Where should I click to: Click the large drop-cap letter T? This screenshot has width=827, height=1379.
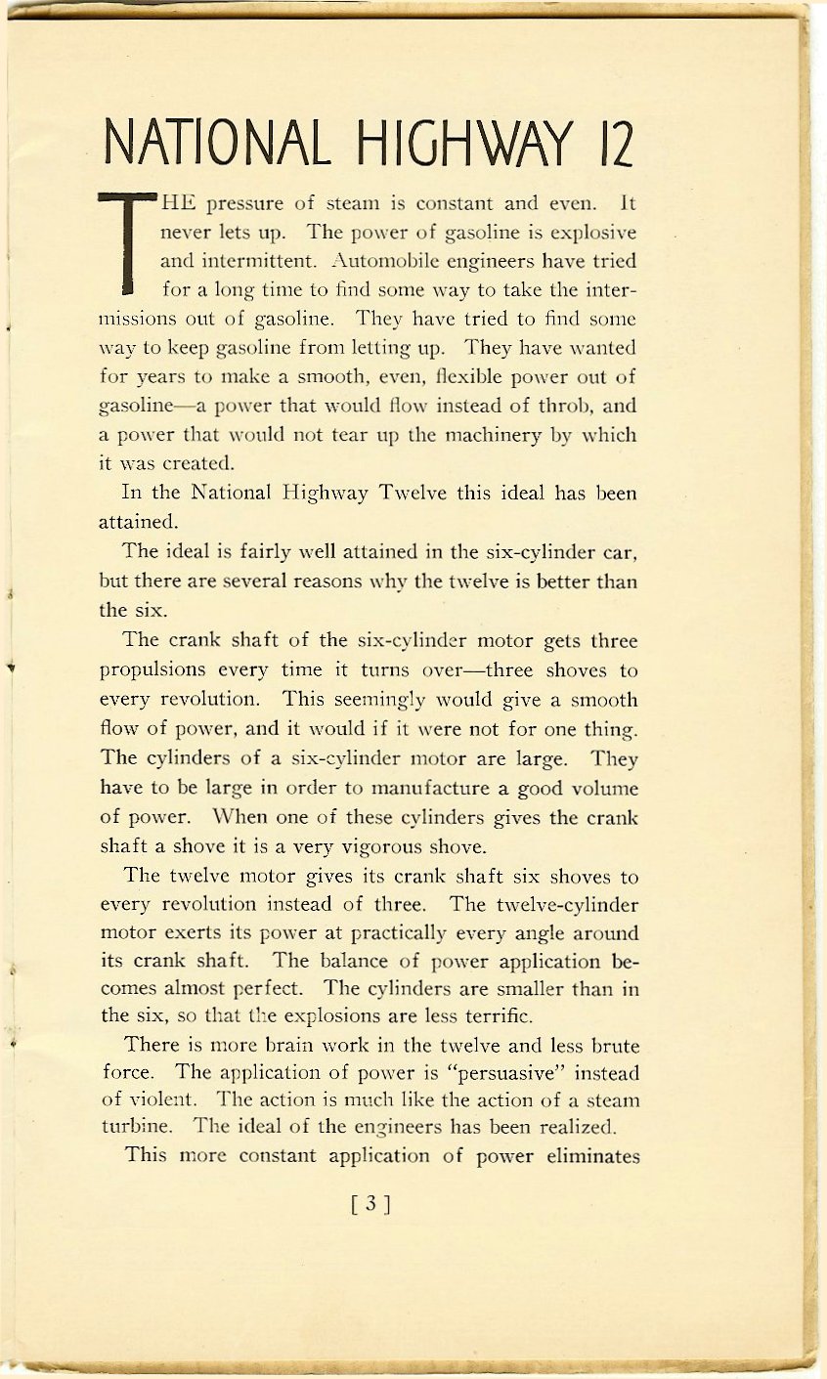coord(128,244)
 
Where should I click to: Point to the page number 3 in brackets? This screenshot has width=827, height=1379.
coord(370,1204)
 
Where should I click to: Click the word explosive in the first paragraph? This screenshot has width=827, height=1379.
coord(594,235)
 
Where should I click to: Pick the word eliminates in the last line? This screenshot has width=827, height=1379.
coord(595,1157)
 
